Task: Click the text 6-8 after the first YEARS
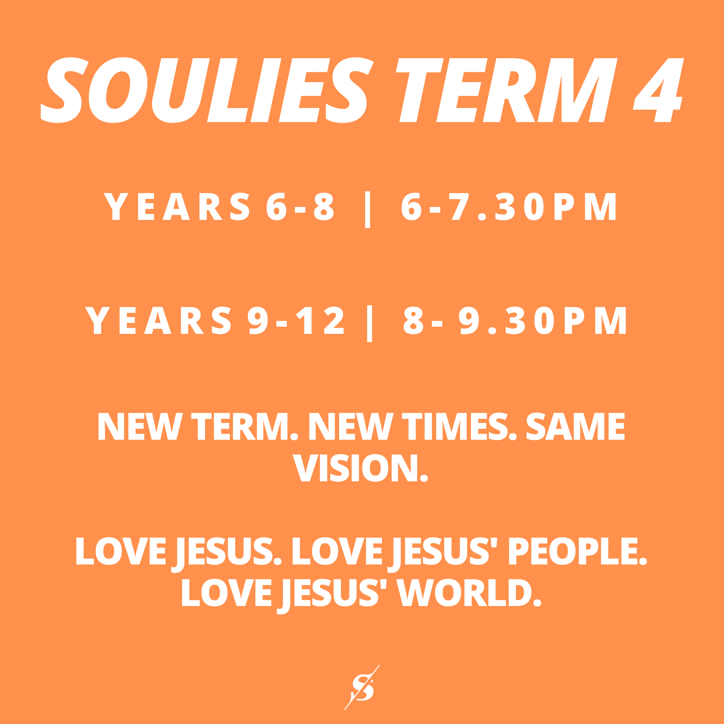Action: point(300,206)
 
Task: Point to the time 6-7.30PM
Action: point(509,206)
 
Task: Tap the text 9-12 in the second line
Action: point(296,320)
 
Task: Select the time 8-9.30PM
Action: point(515,320)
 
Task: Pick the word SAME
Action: point(576,426)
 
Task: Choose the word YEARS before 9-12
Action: point(158,320)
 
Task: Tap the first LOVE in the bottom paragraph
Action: point(121,551)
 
